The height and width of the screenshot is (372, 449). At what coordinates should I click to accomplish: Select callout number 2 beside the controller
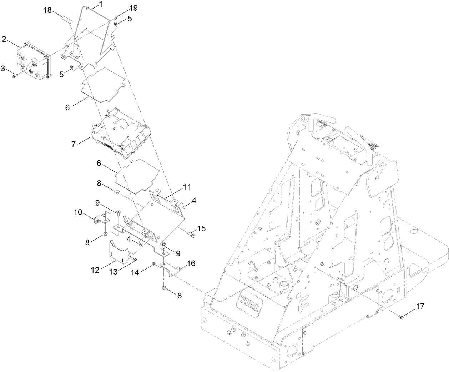pos(4,39)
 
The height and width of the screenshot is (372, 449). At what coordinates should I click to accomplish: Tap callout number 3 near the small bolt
pos(3,68)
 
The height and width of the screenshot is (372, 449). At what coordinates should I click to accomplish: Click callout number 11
pos(187,187)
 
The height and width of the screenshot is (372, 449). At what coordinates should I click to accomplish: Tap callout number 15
pos(202,228)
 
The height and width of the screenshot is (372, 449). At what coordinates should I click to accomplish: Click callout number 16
pos(191,264)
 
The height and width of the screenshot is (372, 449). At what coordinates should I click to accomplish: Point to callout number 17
pos(420,306)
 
